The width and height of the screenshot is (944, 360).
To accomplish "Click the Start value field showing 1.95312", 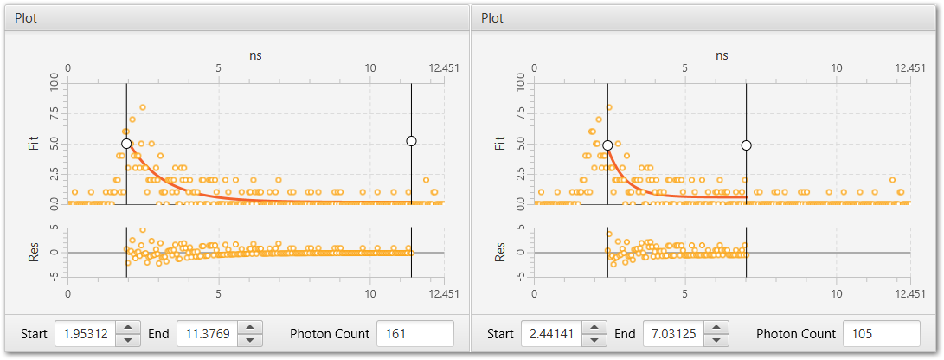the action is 85,333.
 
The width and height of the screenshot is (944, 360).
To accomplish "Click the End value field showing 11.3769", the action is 207,333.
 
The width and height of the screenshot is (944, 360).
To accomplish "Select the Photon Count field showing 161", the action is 414,333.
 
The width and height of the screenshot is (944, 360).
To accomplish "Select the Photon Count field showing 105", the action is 882,333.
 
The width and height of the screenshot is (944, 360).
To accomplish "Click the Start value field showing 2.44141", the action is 551,333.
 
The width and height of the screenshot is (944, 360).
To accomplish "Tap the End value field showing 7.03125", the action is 674,333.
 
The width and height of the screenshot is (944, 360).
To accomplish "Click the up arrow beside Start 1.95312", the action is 128,327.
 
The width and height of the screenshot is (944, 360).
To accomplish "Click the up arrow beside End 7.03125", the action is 716,327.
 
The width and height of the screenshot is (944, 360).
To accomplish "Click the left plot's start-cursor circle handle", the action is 126,144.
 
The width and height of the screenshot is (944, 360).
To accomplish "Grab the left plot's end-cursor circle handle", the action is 411,141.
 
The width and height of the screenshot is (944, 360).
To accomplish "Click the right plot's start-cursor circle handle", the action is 607,145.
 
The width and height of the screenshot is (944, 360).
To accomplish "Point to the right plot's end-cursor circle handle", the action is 747,145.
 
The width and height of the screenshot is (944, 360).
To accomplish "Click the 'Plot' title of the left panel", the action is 26,18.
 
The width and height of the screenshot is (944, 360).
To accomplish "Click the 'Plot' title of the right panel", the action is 492,18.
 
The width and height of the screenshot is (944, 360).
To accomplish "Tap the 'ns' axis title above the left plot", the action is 255,55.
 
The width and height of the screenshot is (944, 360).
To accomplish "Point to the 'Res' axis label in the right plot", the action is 500,252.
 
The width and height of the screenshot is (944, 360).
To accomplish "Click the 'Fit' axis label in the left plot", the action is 33,145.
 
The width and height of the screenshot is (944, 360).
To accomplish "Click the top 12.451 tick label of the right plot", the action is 909,68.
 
